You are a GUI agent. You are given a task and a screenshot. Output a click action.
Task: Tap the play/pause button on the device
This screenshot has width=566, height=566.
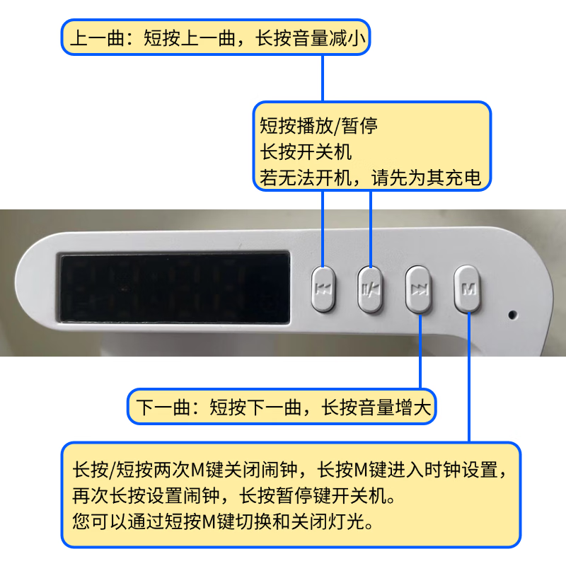pos(370,289)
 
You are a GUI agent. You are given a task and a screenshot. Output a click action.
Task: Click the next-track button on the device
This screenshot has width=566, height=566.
pos(418,289)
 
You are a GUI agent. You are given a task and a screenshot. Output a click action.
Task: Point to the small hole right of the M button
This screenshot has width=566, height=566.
pos(512,315)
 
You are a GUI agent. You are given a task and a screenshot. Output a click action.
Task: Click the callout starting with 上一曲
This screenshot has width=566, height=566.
pos(216,37)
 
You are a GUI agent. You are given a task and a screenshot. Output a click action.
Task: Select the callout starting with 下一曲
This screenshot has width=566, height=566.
pos(282,407)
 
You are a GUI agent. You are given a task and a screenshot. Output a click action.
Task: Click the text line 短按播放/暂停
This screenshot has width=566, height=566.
pos(318,126)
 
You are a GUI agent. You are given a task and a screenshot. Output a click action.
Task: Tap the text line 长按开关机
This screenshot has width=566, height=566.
pos(306,151)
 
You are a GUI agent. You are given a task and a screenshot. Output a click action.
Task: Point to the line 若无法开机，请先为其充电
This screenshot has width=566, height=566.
pos(370,178)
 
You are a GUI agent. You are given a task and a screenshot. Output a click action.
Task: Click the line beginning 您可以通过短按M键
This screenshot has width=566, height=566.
pos(222,521)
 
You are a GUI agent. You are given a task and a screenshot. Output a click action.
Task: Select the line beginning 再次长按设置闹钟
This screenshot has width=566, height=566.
pos(233,495)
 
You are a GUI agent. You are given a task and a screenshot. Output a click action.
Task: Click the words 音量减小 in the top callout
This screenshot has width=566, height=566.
pos(330,38)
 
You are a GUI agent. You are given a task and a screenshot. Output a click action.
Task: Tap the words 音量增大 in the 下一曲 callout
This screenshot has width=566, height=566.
pos(395,408)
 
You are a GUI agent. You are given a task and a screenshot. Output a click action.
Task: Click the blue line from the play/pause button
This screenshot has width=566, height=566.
pos(370,229)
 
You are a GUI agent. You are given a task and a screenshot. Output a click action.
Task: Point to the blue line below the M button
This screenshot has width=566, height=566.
pos(469,377)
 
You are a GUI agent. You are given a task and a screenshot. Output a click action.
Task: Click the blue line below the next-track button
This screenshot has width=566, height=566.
pos(420,352)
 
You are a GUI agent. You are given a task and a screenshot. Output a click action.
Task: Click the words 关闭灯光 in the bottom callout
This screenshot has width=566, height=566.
pos(327,521)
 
